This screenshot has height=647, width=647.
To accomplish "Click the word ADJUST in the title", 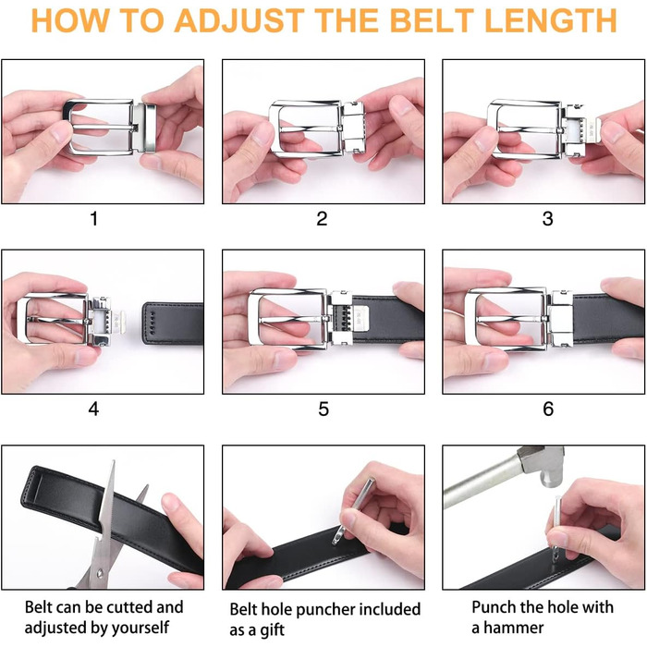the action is pos(239,20).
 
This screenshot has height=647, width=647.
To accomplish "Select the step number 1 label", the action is pos(94,219).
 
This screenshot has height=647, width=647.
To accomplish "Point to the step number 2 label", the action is pos(322,219).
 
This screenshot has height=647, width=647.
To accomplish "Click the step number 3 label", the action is pos(547,219).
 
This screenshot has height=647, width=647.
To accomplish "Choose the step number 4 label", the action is pos(93,409).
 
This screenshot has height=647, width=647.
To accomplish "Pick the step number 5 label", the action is pos(323,409).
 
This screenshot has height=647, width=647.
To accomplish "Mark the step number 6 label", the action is pos(548,409).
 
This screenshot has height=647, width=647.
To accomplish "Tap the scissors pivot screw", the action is pos(100,573).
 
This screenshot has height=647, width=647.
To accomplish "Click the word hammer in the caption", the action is pos(513,628).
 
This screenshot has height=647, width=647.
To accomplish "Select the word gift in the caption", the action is pos(273,630).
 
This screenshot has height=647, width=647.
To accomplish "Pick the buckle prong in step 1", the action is pos(101,127).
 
